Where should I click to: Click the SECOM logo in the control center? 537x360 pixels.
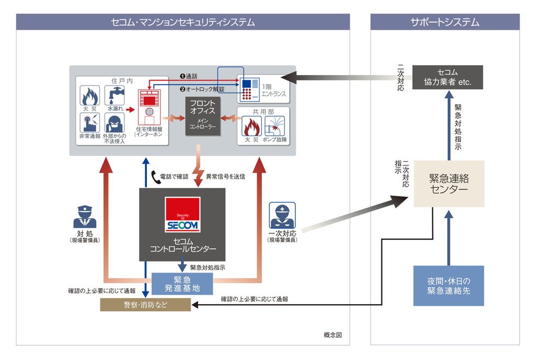(182, 215)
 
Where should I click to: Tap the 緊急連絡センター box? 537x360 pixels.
(449, 184)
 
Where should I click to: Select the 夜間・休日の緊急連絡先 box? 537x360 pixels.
(449, 285)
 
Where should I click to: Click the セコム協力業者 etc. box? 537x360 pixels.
(447, 78)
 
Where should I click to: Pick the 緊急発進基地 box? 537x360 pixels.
(182, 283)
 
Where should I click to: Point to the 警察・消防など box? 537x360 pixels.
(145, 305)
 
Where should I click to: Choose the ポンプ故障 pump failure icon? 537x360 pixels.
(276, 125)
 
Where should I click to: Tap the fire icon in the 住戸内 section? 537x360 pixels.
(90, 95)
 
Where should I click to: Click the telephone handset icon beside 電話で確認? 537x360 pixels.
(155, 176)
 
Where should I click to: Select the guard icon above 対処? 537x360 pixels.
(84, 216)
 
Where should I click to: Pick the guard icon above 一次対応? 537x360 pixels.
(282, 215)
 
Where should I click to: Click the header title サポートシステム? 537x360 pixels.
(445, 22)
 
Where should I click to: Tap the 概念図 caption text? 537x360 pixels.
(333, 334)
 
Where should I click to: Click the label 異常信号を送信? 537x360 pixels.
(225, 176)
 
